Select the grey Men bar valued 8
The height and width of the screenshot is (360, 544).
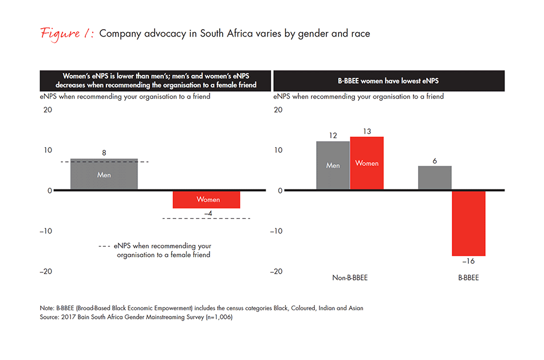pyautogui.click(x=104, y=174)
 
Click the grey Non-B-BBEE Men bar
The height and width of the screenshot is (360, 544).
pyautogui.click(x=333, y=165)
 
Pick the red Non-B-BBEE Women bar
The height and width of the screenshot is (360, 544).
pyautogui.click(x=367, y=163)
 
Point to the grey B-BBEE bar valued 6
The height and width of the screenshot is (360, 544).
pyautogui.click(x=435, y=178)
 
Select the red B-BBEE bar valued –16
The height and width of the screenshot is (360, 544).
pyautogui.click(x=468, y=223)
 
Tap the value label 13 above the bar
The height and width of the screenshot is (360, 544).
pyautogui.click(x=367, y=131)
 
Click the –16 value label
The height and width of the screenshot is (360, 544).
pyautogui.click(x=468, y=261)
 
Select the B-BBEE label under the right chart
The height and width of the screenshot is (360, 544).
pyautogui.click(x=468, y=278)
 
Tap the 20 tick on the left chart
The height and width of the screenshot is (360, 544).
pyautogui.click(x=47, y=110)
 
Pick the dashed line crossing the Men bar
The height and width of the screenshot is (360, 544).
pyautogui.click(x=104, y=162)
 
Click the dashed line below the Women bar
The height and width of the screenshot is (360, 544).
pyautogui.click(x=206, y=219)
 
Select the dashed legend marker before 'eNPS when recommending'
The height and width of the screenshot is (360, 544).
pyautogui.click(x=104, y=246)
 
